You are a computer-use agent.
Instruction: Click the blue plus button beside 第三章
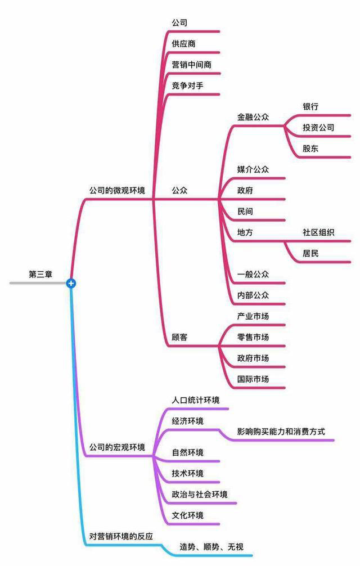(x=71, y=284)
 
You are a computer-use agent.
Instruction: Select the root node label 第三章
(x=40, y=275)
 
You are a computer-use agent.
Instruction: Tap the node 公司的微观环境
(x=117, y=190)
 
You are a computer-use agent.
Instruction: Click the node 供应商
(x=183, y=44)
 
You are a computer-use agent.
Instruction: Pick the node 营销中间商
(x=192, y=65)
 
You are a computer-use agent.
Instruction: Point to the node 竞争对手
(x=187, y=86)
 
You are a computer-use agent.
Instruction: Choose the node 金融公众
(x=253, y=117)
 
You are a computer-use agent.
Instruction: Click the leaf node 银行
(x=310, y=106)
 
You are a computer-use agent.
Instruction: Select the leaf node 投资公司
(x=318, y=127)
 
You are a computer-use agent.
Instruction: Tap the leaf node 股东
(x=310, y=149)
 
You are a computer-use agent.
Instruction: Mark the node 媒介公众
(x=253, y=169)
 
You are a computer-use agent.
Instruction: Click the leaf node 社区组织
(x=318, y=232)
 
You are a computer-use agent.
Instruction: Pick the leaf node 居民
(x=310, y=253)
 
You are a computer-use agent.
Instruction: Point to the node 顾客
(x=179, y=337)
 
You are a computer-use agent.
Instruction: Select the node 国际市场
(x=253, y=379)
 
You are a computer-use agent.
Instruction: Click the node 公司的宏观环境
(x=117, y=447)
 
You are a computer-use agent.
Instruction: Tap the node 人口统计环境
(x=196, y=400)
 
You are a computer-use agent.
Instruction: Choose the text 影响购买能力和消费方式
(x=281, y=432)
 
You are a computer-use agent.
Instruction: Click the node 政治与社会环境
(x=200, y=494)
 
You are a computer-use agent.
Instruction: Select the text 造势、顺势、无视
(x=211, y=547)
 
